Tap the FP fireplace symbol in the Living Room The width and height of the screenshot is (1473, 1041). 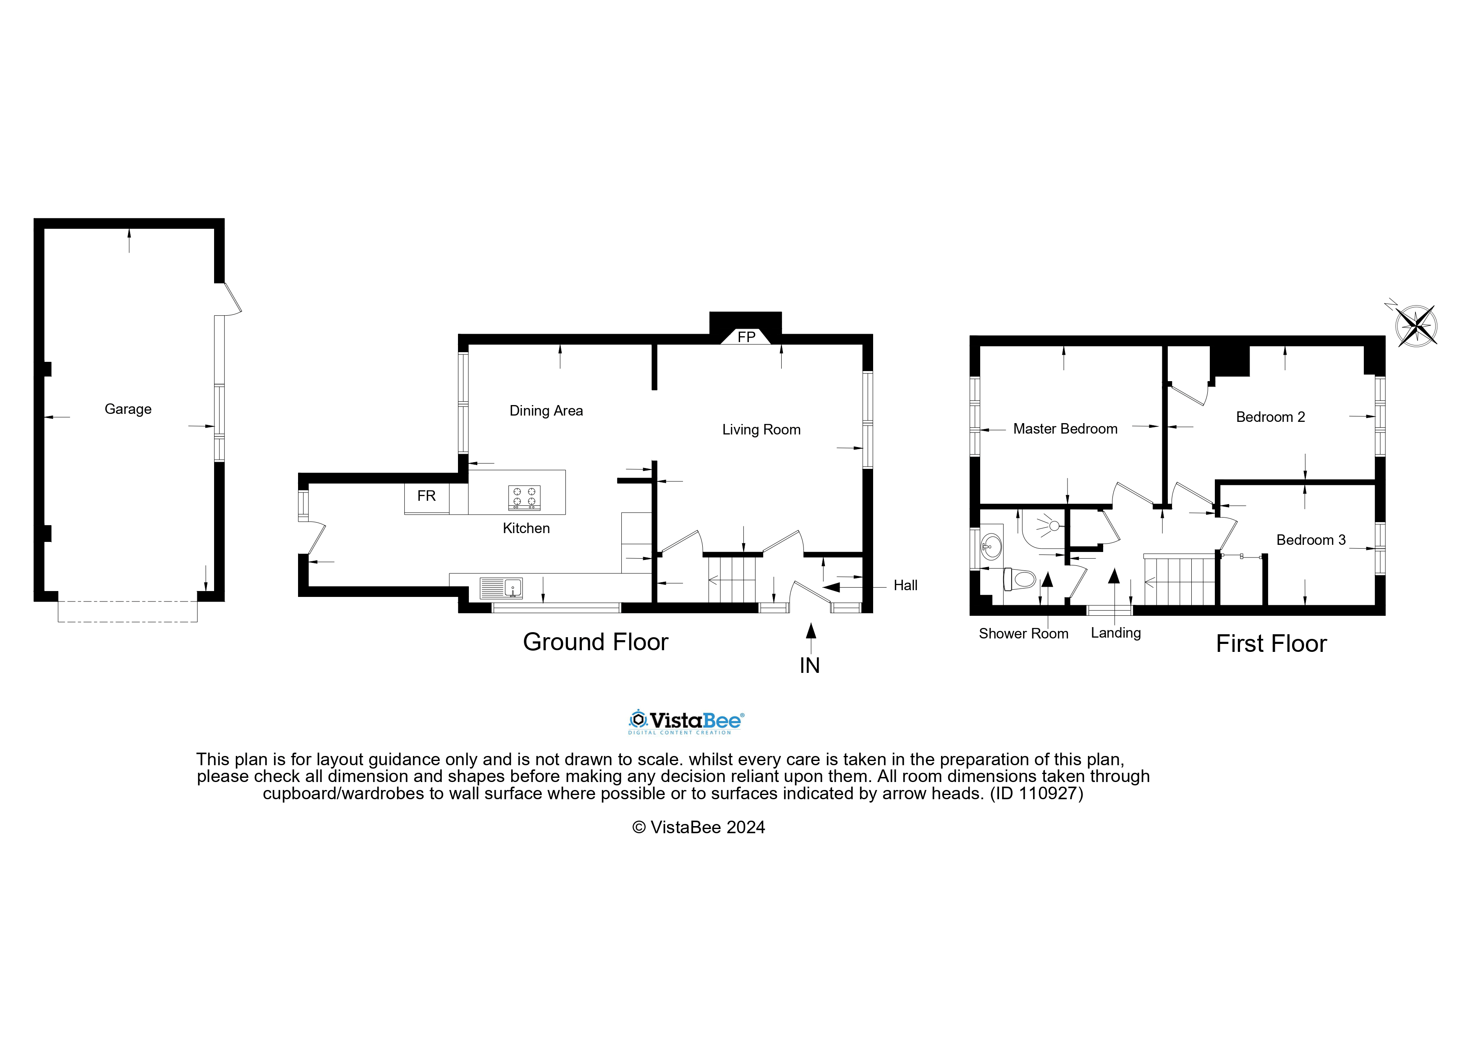click(x=746, y=337)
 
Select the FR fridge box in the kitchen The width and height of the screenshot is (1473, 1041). click(x=426, y=497)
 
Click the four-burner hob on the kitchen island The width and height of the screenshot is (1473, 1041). click(x=524, y=498)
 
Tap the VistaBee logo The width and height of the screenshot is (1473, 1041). click(x=686, y=722)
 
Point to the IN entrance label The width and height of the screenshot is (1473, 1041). click(x=810, y=666)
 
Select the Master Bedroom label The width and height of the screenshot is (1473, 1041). click(x=1065, y=429)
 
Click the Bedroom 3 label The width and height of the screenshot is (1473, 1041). click(x=1310, y=540)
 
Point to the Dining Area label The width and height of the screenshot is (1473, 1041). click(x=546, y=411)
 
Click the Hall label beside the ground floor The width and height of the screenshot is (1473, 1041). click(x=905, y=586)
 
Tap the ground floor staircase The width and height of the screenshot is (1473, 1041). click(x=731, y=579)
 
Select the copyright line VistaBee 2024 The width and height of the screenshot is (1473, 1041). click(x=698, y=827)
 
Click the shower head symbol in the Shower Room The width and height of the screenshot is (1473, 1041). click(x=1053, y=526)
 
